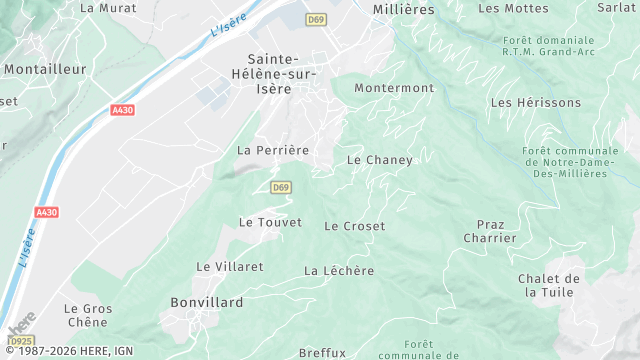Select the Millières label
point(403,8)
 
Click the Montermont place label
point(394,88)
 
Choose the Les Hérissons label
point(536,103)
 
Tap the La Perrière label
point(273,150)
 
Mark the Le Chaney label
point(379,160)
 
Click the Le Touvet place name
point(270,222)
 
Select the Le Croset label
point(354,226)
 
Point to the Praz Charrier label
point(490,231)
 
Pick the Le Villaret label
point(230,267)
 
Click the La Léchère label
point(339,271)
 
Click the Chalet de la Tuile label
point(549,285)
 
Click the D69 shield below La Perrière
point(281,187)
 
